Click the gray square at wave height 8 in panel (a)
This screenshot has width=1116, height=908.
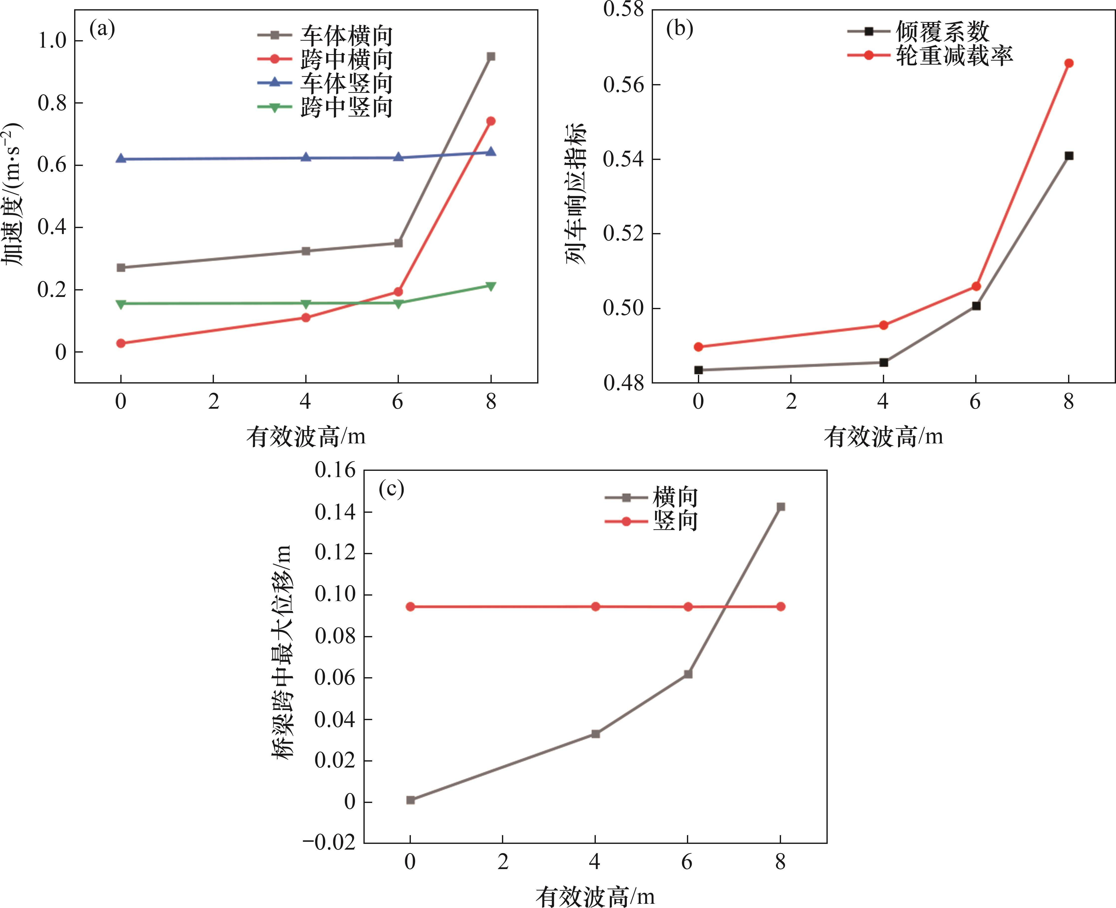pos(491,56)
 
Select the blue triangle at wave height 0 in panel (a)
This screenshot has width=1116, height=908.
pos(121,158)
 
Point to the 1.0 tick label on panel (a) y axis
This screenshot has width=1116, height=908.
pos(52,41)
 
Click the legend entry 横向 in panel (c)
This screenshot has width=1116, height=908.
pos(675,497)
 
